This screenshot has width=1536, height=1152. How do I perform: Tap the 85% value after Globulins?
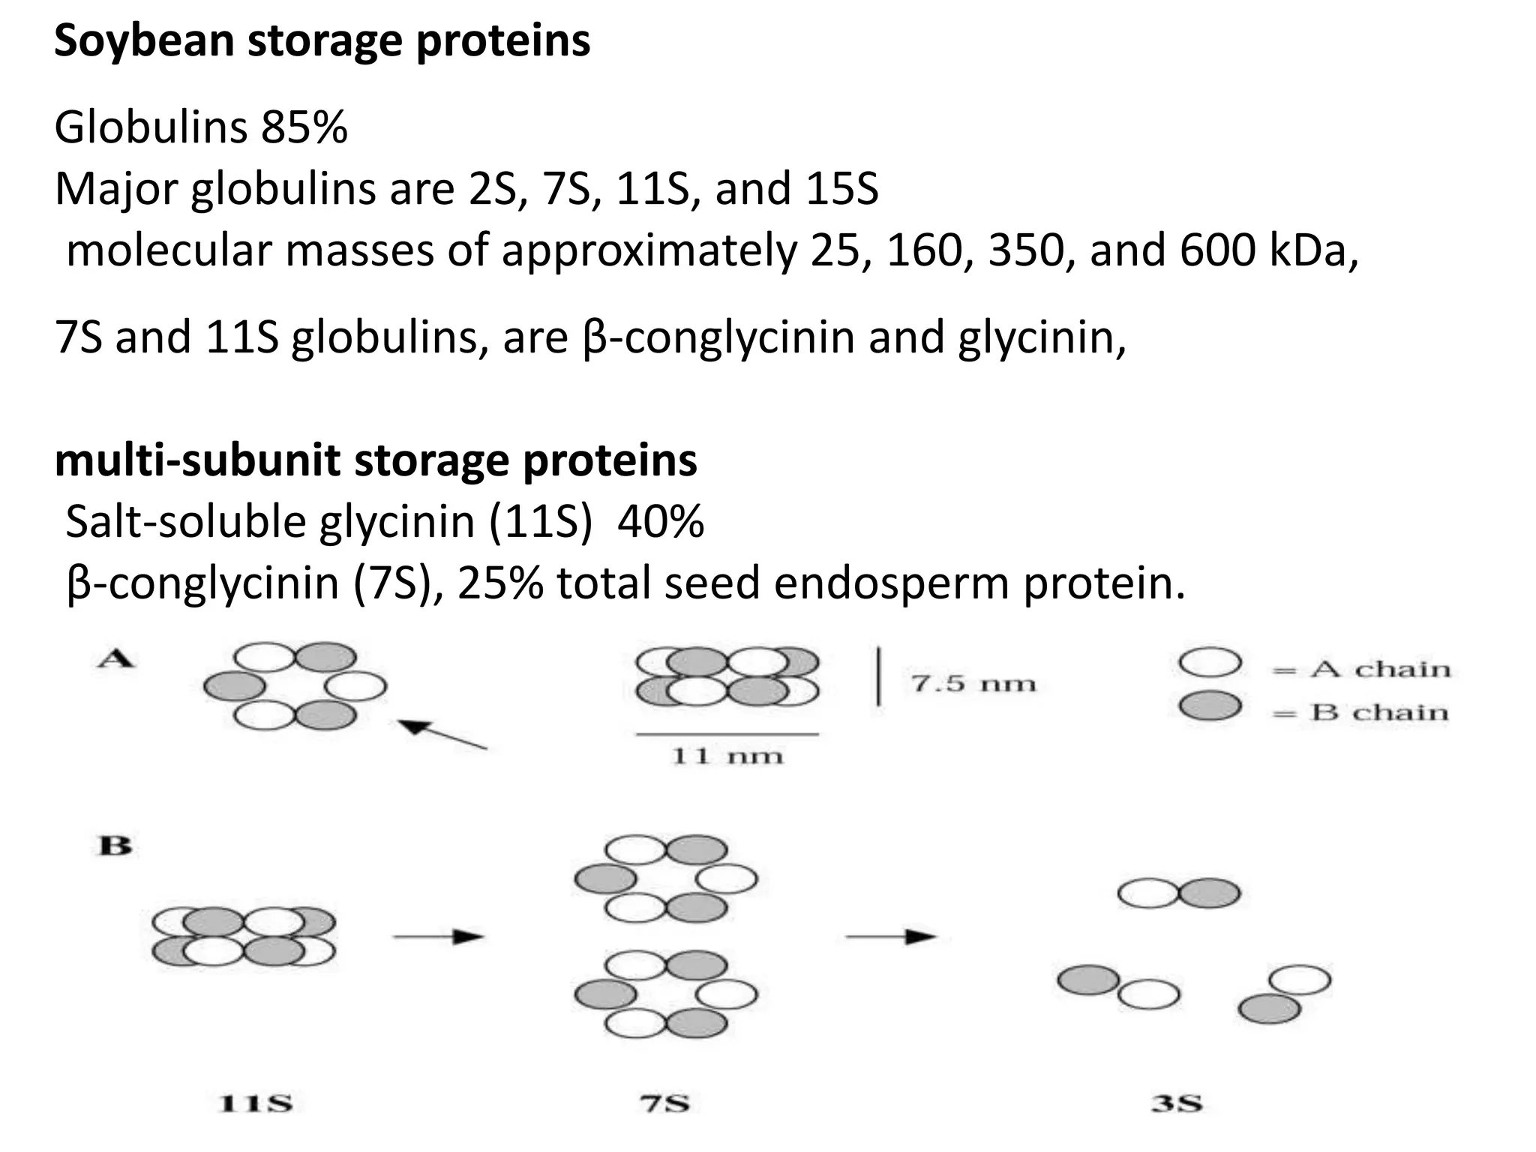[304, 127]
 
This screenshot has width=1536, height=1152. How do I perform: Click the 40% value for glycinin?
[661, 521]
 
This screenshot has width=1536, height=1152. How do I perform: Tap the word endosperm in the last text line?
[892, 583]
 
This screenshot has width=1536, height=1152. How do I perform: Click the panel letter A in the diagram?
[115, 660]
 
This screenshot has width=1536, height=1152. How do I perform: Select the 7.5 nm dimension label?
[973, 684]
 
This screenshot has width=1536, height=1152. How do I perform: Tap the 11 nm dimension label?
[727, 755]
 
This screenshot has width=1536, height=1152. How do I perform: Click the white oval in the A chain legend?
[1210, 663]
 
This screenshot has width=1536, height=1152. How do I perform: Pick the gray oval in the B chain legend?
[1210, 706]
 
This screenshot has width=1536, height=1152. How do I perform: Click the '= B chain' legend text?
[1361, 712]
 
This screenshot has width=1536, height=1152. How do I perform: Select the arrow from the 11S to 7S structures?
[439, 936]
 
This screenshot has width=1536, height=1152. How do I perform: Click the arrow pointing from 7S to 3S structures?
[890, 936]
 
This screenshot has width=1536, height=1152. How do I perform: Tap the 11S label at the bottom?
[255, 1104]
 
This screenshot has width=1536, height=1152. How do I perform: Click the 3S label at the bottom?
[1177, 1104]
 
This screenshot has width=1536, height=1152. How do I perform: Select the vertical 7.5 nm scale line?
[878, 678]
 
